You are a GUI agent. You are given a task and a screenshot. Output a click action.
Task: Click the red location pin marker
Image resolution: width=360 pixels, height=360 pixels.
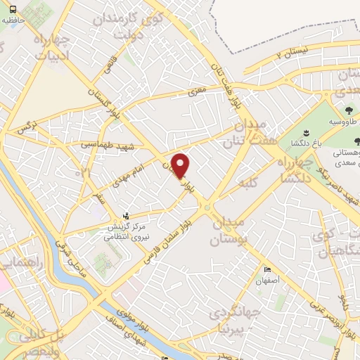point(181,165)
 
